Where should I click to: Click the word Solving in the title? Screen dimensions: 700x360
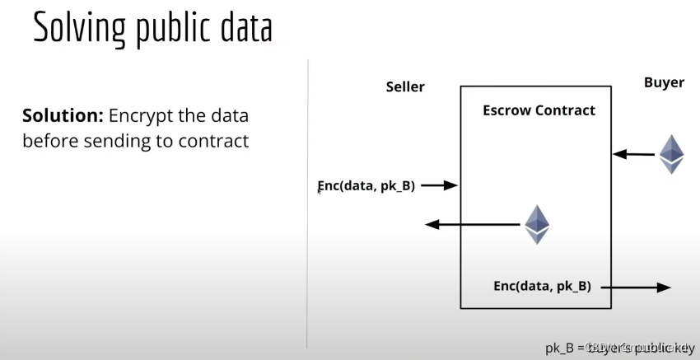(x=75, y=29)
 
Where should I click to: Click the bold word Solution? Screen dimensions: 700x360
(x=55, y=115)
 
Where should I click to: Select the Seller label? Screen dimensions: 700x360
(x=405, y=86)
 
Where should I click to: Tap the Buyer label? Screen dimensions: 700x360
(x=663, y=83)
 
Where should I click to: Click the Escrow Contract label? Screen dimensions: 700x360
(x=539, y=110)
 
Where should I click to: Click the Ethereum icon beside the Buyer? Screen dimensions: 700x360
(x=671, y=153)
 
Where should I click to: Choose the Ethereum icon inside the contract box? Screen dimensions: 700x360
(x=537, y=223)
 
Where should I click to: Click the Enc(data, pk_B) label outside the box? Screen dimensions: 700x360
(x=366, y=185)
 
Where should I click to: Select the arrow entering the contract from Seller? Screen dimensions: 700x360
(x=439, y=185)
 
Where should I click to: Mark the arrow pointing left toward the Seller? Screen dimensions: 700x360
(x=469, y=224)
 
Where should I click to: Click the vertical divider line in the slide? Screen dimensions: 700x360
(x=307, y=206)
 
